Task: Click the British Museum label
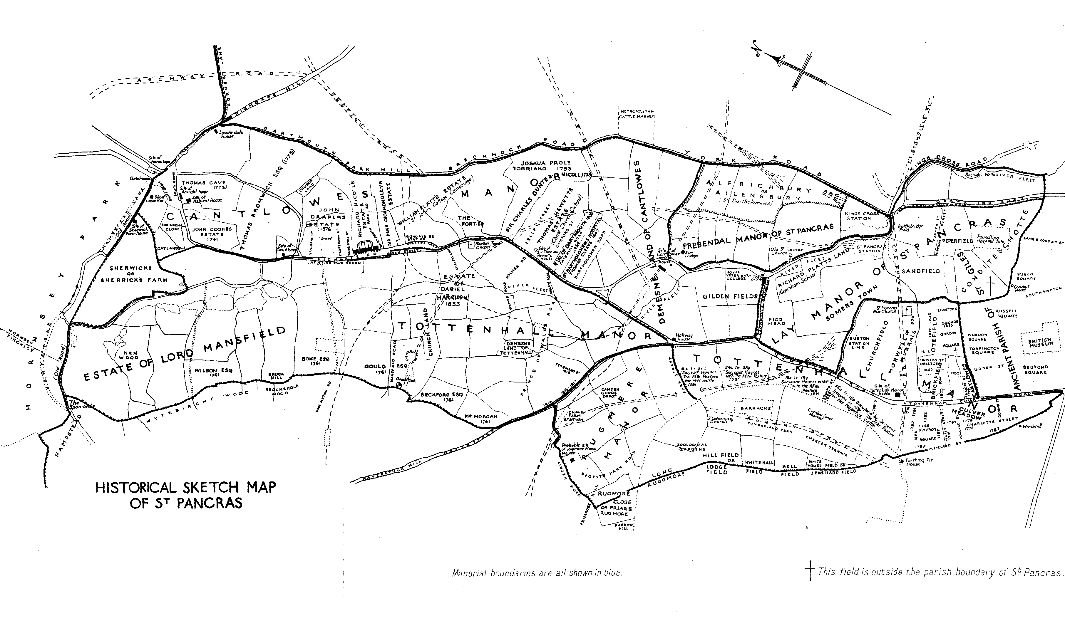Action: click(1040, 342)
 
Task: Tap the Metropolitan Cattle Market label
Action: click(636, 114)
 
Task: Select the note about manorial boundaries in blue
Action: click(537, 573)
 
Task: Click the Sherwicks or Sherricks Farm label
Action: click(131, 274)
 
